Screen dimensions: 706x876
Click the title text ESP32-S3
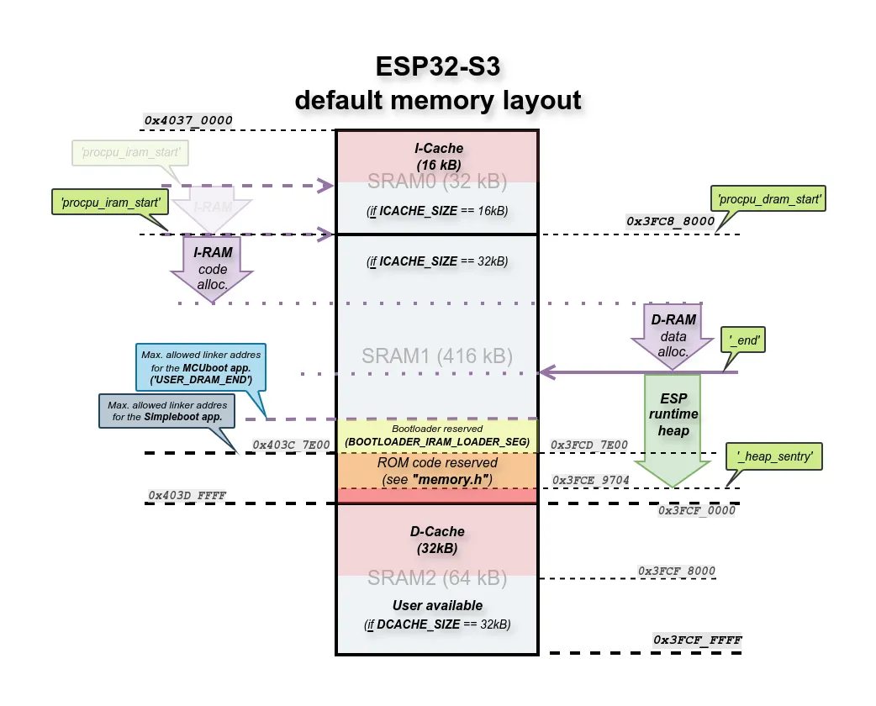click(437, 67)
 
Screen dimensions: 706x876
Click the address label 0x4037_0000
click(187, 121)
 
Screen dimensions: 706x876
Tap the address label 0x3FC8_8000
click(670, 222)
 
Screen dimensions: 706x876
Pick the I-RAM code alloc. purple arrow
click(212, 264)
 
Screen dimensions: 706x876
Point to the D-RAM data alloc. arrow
click(673, 335)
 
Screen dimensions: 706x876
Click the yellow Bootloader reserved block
click(436, 435)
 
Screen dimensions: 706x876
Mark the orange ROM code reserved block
click(436, 472)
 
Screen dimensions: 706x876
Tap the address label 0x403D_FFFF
click(187, 495)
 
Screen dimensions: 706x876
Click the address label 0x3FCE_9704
click(591, 480)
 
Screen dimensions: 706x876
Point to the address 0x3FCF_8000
click(677, 572)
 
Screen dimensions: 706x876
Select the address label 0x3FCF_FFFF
click(698, 640)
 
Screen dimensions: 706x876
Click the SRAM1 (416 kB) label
click(436, 356)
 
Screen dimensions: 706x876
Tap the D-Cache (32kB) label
click(436, 540)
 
